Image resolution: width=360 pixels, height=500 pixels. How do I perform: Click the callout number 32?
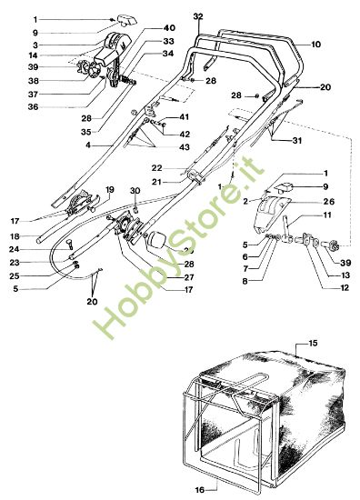(x=198, y=15)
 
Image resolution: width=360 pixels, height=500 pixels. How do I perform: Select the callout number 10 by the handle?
(x=316, y=44)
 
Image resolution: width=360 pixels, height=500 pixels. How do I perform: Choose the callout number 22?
(x=156, y=167)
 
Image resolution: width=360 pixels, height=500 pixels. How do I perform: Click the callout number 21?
(x=156, y=183)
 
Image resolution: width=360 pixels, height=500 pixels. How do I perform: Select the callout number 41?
(x=185, y=117)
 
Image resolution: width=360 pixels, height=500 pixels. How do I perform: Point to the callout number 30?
(x=135, y=191)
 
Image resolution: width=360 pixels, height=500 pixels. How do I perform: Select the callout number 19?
(x=110, y=189)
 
